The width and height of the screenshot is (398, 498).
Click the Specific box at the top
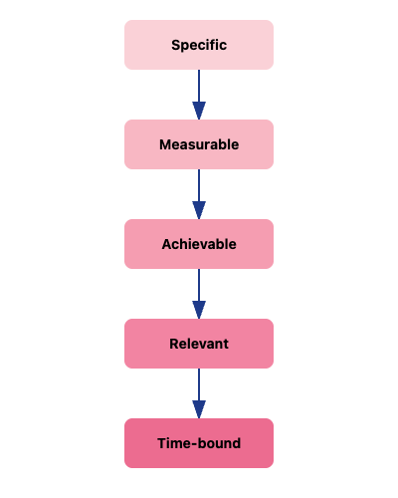(199, 45)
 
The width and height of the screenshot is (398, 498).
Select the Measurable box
(199, 144)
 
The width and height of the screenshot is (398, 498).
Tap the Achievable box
(199, 244)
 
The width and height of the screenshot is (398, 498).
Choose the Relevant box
(199, 344)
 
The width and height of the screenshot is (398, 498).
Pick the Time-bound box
(199, 443)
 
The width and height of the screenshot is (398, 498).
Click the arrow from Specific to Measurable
(199, 90)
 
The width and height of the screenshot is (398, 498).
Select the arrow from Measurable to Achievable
(199, 189)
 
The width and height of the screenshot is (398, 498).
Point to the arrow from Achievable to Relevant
(199, 289)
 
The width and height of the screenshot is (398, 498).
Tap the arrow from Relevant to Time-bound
(199, 388)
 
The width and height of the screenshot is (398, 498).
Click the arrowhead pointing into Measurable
(199, 111)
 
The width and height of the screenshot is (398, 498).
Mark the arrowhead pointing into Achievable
(199, 210)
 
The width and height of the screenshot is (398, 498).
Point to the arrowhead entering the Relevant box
(199, 310)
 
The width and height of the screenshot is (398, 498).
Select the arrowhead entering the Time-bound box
(199, 409)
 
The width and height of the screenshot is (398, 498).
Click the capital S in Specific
(175, 45)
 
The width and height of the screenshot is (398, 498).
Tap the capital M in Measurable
(165, 144)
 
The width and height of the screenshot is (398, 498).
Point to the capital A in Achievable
(166, 244)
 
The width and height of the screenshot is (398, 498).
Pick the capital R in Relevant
(174, 344)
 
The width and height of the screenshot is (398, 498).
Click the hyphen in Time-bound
(193, 444)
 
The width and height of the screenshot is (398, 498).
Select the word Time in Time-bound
(173, 443)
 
